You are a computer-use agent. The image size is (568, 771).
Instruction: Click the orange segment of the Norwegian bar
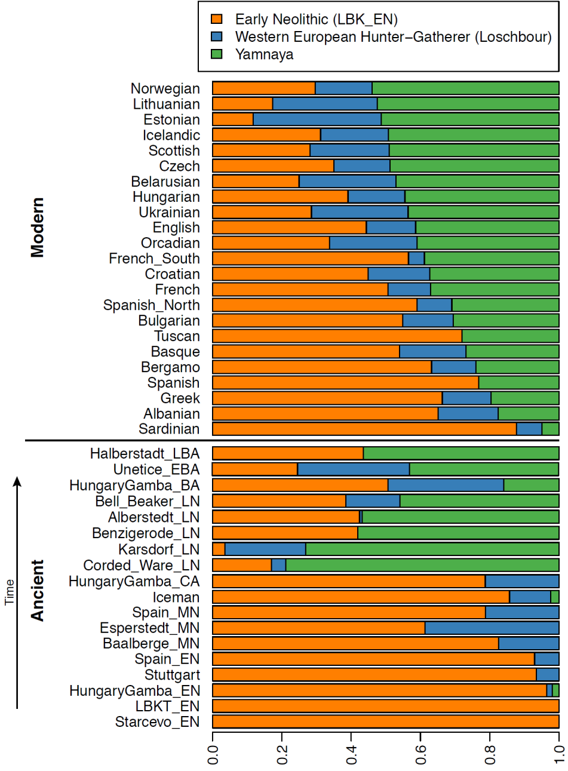pyautogui.click(x=263, y=88)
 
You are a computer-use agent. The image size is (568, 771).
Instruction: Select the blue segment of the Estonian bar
pyautogui.click(x=317, y=119)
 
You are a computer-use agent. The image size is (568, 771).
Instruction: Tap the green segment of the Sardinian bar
pyautogui.click(x=550, y=429)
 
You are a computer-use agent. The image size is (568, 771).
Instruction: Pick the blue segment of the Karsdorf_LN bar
pyautogui.click(x=265, y=549)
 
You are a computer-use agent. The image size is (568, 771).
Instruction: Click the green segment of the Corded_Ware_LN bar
pyautogui.click(x=422, y=565)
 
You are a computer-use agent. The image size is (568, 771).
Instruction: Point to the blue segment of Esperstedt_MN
pyautogui.click(x=492, y=628)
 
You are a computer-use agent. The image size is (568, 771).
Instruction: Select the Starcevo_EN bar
pyautogui.click(x=385, y=721)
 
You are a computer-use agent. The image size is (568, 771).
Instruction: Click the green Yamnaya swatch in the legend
pyautogui.click(x=217, y=54)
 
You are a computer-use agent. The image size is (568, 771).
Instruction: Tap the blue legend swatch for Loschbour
pyautogui.click(x=217, y=37)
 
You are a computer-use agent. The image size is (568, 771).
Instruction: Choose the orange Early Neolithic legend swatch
pyautogui.click(x=217, y=20)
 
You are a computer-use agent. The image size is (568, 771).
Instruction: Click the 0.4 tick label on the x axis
pyautogui.click(x=351, y=754)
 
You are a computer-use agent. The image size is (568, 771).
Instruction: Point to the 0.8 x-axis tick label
pyautogui.click(x=490, y=754)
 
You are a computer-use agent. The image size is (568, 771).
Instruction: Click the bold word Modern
pyautogui.click(x=38, y=228)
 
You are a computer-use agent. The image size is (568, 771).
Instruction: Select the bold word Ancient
pyautogui.click(x=38, y=590)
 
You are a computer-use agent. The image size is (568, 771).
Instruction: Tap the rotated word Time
pyautogui.click(x=10, y=592)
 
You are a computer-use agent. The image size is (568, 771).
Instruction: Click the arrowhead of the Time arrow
pyautogui.click(x=17, y=481)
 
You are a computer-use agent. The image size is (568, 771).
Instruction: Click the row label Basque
pyautogui.click(x=175, y=352)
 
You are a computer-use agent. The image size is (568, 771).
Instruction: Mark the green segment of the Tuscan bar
pyautogui.click(x=510, y=336)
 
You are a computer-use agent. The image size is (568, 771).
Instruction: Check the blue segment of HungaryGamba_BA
pyautogui.click(x=446, y=485)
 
